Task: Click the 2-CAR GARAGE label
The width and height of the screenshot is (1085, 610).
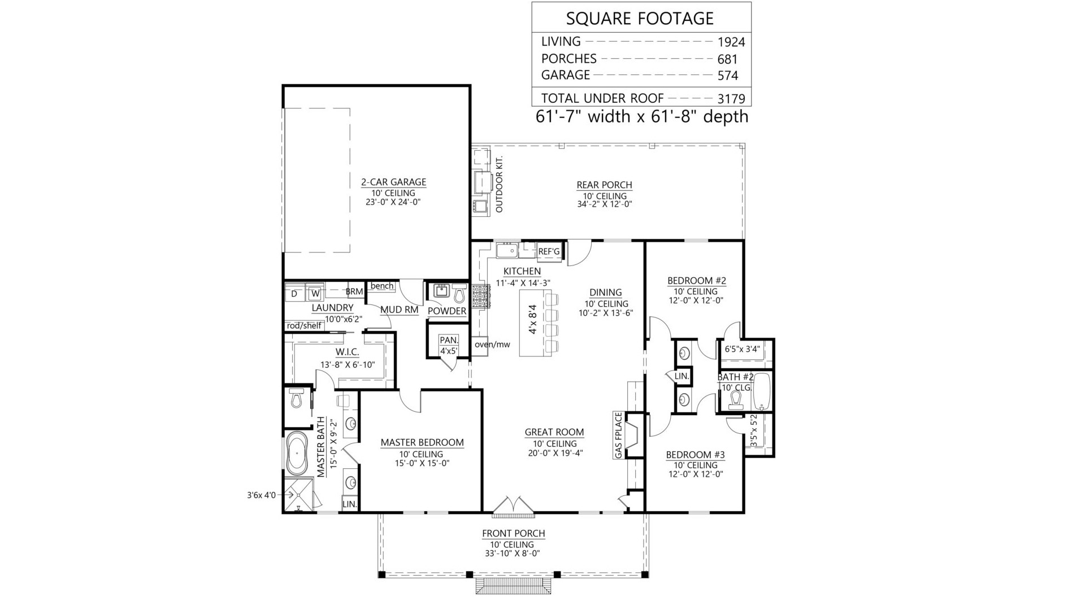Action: click(393, 182)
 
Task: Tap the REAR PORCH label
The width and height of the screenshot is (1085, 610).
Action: click(604, 185)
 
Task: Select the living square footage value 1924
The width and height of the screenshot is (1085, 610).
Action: click(731, 42)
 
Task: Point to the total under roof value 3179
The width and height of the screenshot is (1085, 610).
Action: click(731, 99)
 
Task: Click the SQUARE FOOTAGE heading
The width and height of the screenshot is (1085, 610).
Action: click(640, 19)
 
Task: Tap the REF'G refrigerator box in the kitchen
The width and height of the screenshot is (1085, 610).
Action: click(549, 252)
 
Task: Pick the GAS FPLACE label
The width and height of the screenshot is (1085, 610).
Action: click(618, 435)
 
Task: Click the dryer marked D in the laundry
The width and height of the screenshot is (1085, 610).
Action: click(294, 294)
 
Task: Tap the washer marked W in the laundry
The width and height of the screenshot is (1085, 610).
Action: click(315, 294)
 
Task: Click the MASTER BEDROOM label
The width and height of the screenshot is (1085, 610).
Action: click(422, 443)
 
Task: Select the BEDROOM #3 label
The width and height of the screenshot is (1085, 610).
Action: click(695, 455)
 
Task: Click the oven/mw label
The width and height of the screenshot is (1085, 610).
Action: click(492, 345)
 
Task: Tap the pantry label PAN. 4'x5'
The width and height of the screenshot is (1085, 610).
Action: click(449, 345)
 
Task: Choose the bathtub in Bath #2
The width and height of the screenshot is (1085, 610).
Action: click(762, 391)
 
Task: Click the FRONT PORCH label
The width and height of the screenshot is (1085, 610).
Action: click(513, 533)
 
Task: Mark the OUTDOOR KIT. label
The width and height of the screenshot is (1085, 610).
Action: click(498, 185)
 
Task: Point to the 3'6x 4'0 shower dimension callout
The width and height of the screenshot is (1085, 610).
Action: click(261, 495)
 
